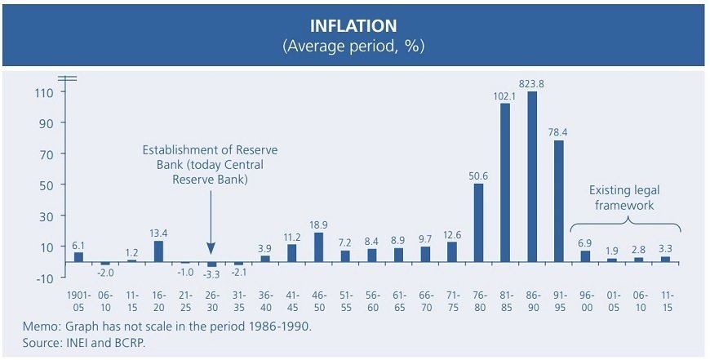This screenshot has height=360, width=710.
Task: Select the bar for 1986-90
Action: [x=531, y=176]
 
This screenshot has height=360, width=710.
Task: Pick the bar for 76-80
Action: [x=478, y=222]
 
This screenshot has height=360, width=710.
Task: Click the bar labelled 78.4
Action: [x=558, y=201]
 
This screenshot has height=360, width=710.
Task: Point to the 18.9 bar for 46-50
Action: [x=318, y=247]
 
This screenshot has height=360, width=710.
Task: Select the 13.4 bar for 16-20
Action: [x=158, y=251]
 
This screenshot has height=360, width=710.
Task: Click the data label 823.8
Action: [x=531, y=82]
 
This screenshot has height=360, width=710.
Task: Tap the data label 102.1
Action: [x=504, y=96]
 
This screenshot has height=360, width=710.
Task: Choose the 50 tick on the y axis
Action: [x=46, y=185]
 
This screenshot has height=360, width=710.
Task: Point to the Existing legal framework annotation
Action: [x=622, y=198]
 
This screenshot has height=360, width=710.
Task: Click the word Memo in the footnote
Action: [x=42, y=327]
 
